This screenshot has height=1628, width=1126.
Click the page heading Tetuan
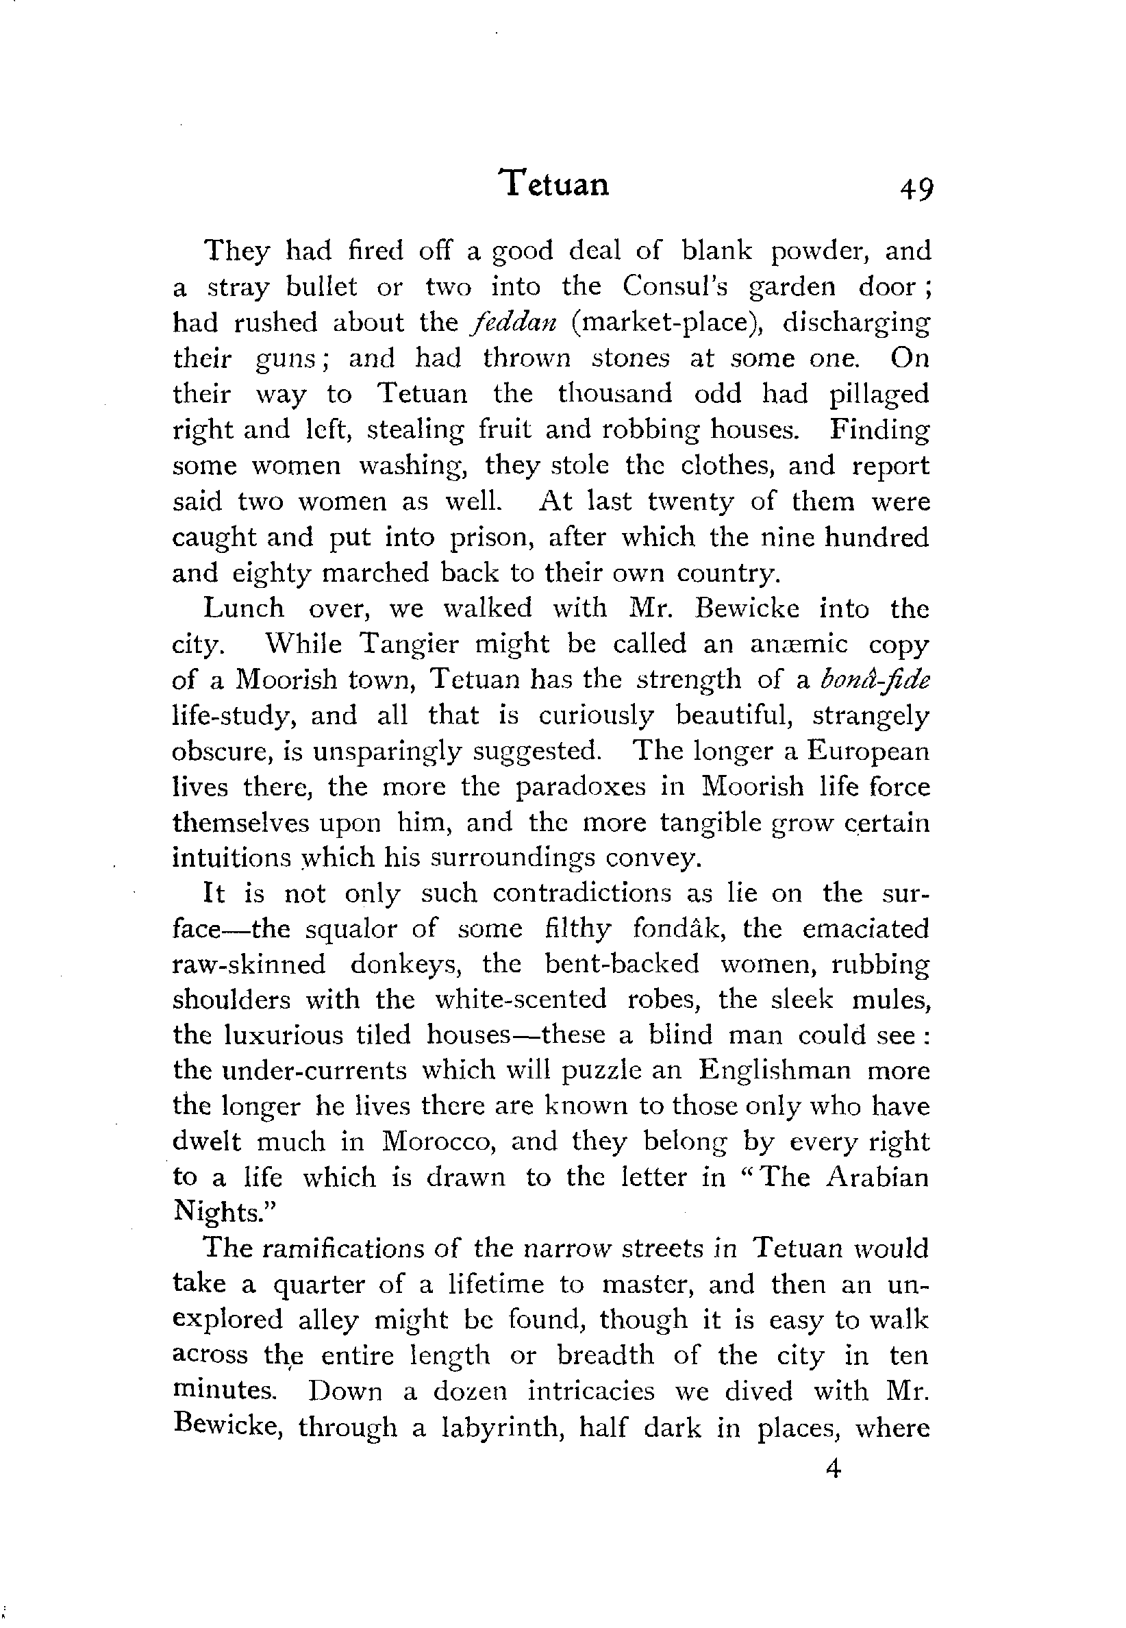(555, 185)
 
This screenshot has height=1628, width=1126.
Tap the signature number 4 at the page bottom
(834, 1469)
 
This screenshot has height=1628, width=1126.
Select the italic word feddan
(514, 323)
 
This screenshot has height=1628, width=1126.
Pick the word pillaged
(879, 395)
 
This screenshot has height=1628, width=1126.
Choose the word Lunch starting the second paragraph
(243, 608)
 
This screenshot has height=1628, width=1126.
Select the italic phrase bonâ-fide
(875, 680)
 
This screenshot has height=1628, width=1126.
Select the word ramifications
(344, 1248)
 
